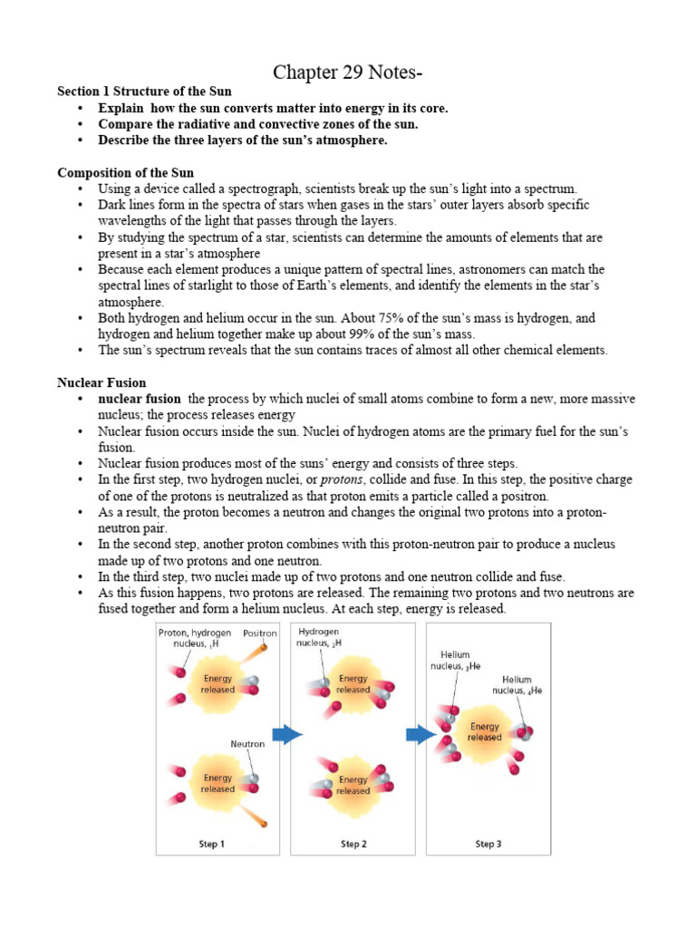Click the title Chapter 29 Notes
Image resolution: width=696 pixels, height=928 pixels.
click(347, 73)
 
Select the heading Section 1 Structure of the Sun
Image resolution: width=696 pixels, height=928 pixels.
click(144, 92)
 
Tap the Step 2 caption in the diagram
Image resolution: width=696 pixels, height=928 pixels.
click(353, 844)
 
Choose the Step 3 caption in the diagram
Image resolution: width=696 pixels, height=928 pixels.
click(488, 844)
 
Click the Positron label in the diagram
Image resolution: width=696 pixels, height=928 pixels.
click(259, 633)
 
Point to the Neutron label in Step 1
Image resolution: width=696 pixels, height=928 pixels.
click(247, 743)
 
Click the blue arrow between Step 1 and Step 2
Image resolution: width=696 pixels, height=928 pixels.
click(287, 734)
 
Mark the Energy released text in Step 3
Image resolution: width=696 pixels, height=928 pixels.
click(484, 731)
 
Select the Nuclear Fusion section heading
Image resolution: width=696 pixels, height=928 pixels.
click(101, 383)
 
